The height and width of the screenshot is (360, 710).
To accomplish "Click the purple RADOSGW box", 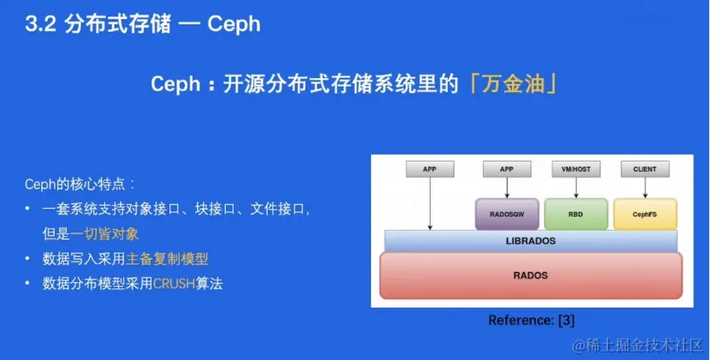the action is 507,215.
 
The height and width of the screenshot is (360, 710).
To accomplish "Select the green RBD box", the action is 576,215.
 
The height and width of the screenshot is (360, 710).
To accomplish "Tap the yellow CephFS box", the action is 645,215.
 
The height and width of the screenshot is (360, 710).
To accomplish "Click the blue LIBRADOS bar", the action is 531,241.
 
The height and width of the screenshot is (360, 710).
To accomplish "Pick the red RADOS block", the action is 531,275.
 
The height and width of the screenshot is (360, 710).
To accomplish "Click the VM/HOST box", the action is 576,169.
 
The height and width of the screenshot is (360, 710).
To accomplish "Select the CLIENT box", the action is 645,169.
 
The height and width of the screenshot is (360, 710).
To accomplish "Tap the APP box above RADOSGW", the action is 507,169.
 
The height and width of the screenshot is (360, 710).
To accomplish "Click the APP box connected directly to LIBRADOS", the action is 430,169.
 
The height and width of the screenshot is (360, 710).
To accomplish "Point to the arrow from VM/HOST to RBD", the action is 576,188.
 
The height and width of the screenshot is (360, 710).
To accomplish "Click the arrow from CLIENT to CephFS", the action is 645,188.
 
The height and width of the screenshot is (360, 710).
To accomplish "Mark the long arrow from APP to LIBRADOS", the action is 430,204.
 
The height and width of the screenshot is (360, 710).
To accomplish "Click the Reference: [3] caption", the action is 531,321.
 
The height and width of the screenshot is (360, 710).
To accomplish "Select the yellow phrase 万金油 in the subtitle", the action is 513,84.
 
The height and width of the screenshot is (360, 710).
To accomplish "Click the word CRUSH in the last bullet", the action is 174,284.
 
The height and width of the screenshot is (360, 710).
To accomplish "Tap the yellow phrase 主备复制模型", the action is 167,259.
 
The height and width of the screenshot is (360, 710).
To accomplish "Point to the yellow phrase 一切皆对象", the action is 104,233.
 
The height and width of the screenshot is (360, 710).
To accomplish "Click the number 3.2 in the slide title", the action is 41,25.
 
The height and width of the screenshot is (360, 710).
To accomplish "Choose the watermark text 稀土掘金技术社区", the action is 643,346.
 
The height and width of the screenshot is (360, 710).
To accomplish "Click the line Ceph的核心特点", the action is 80,185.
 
